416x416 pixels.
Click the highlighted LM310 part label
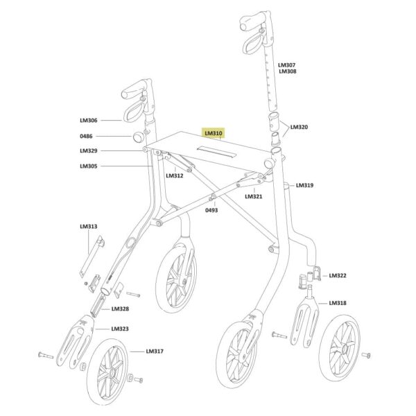pos(214,133)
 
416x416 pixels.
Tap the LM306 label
pos(89,120)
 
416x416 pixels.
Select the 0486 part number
pos(86,136)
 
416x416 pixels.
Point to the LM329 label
pos(89,150)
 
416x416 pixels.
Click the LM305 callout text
pos(89,166)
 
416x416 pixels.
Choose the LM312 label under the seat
pos(175,175)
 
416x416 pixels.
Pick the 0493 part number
pos(211,210)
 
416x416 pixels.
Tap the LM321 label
pos(254,196)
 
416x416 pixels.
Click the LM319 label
pos(304,185)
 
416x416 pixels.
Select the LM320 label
pos(300,127)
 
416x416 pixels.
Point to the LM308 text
pos(288,71)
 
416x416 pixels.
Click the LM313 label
pos(89,226)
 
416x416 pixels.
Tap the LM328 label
pos(120,309)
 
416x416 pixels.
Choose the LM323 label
pos(120,329)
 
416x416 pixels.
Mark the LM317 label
pos(155,352)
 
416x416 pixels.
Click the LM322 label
pos(338,275)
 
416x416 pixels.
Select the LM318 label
pos(338,303)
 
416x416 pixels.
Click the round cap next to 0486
pos(138,137)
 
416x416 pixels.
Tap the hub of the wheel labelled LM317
pos(112,372)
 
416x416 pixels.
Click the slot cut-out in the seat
pos(216,152)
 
